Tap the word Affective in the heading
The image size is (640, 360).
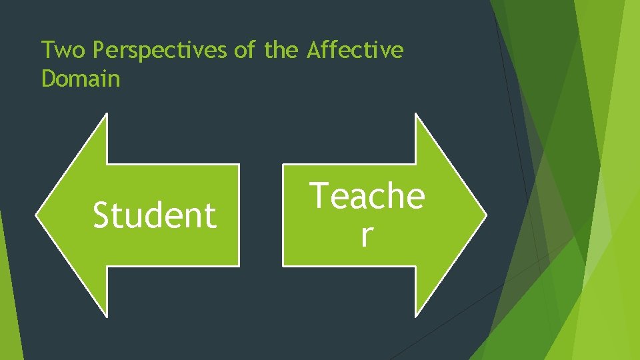355,50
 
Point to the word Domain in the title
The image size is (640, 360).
81,79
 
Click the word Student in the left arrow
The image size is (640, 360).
155,215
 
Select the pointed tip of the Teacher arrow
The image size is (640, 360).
485,215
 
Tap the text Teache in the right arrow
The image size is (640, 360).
368,197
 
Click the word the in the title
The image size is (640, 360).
281,50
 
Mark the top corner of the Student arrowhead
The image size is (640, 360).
106,115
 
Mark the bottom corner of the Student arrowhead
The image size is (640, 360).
106,314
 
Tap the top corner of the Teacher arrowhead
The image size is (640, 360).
416,115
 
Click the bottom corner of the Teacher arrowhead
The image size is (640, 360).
416,314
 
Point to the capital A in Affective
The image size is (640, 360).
313,50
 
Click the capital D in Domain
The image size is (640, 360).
47,79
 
